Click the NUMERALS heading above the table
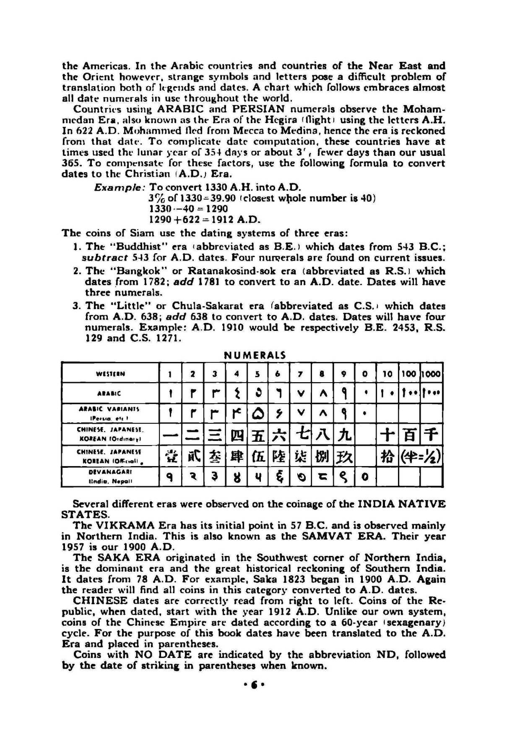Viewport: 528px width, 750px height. pyautogui.click(x=255, y=355)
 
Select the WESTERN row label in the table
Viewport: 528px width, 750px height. pyautogui.click(x=111, y=374)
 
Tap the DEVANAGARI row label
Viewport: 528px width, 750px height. pyautogui.click(x=110, y=477)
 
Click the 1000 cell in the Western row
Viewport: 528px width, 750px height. pyautogui.click(x=431, y=374)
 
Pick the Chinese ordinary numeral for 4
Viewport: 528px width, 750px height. pyautogui.click(x=237, y=435)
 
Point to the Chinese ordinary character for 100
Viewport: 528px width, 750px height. pyautogui.click(x=409, y=435)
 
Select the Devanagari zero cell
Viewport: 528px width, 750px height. pyautogui.click(x=365, y=478)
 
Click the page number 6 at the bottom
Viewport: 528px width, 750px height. pyautogui.click(x=254, y=685)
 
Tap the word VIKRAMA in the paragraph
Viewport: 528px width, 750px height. pyautogui.click(x=119, y=525)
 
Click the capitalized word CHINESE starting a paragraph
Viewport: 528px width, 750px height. pyautogui.click(x=100, y=600)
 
